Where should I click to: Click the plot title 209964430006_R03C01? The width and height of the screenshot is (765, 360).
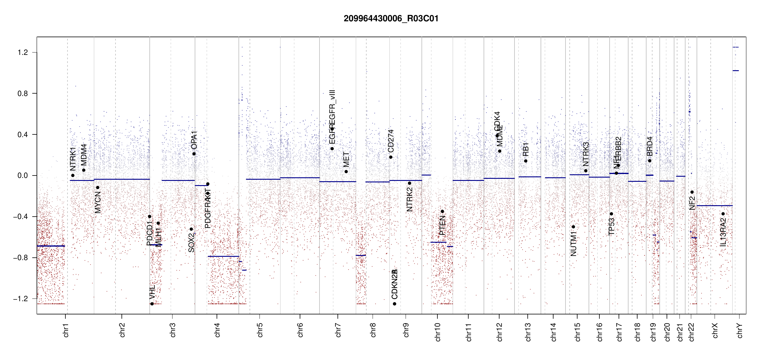pos(391,19)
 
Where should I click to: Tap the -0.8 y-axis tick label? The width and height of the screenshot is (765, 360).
pos(20,258)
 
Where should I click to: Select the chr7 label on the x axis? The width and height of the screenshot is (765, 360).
pos(338,330)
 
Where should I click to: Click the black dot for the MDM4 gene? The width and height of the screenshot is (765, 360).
pos(84,170)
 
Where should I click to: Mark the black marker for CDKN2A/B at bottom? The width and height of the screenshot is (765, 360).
pos(394,304)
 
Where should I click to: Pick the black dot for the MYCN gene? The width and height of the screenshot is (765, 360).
pos(97,187)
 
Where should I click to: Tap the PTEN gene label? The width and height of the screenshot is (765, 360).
pos(442,225)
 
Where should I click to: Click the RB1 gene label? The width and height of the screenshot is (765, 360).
pos(526,149)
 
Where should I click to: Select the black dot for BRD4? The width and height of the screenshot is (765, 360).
pos(649,161)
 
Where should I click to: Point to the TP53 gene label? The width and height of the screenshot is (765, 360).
pos(611,226)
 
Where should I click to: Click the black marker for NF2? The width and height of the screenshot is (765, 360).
pos(692,192)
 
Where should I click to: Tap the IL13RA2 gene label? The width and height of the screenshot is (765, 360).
pos(723,232)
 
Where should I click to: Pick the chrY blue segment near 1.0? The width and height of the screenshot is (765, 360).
pos(736,70)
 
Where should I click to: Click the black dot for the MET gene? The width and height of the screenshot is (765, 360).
pos(346,172)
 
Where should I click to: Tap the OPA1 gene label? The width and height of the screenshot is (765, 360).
pos(194,140)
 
